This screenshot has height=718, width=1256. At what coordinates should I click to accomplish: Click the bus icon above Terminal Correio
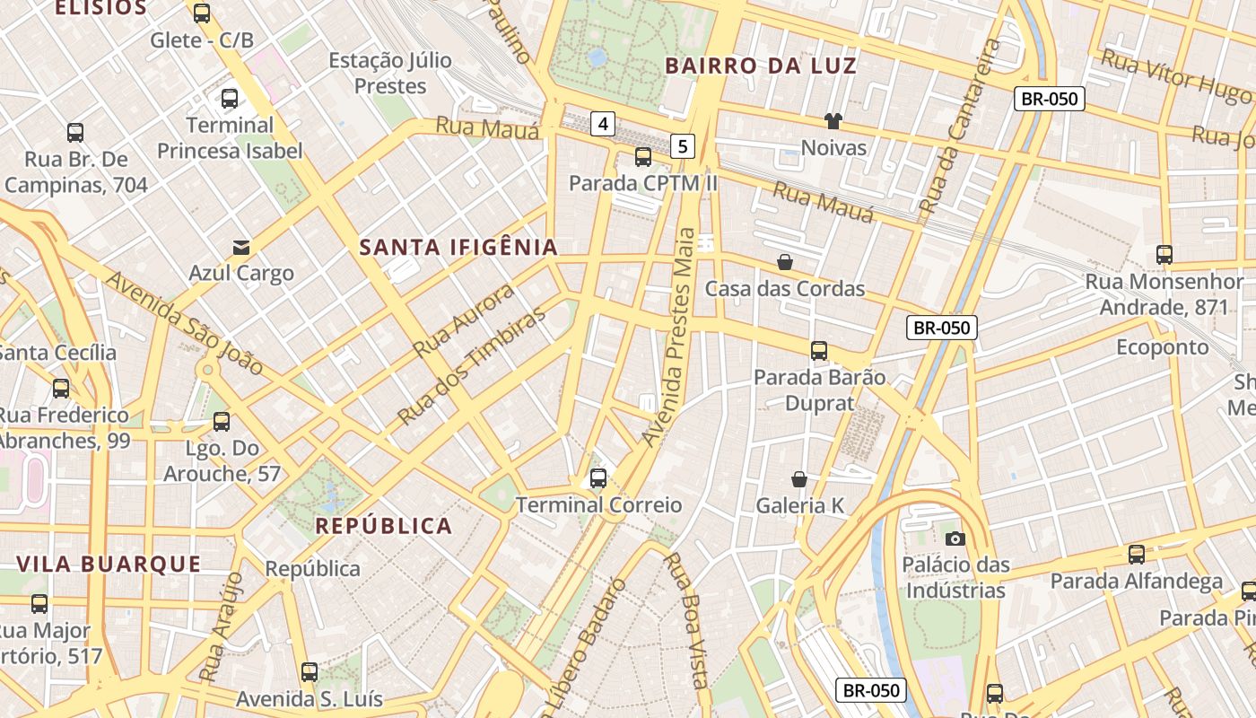point(598,478)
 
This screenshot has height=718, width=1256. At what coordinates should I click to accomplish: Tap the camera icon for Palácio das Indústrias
point(955,538)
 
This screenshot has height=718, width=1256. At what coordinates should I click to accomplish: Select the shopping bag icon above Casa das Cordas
point(785,262)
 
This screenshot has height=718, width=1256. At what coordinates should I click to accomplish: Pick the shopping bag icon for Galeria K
point(799,479)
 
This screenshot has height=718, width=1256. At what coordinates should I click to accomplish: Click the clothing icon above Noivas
point(833,121)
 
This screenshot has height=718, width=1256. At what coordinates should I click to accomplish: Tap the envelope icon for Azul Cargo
point(241,247)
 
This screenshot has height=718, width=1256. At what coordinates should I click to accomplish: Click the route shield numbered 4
point(603,124)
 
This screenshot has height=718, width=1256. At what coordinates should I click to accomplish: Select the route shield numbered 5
point(684,145)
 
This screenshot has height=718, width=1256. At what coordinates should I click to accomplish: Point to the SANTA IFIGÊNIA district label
point(458,248)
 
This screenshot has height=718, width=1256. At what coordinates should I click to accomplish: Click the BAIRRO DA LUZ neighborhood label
point(761,66)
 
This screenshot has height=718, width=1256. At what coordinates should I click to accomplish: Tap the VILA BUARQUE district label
point(109,565)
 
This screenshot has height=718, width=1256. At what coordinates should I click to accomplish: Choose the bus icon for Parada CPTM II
point(643,157)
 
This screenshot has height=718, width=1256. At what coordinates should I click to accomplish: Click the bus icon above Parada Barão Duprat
point(819,351)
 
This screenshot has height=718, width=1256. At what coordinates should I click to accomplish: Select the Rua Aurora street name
point(465,320)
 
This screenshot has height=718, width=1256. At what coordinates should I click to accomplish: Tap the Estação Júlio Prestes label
point(390,74)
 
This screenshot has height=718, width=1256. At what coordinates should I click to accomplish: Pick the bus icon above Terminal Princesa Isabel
point(230,99)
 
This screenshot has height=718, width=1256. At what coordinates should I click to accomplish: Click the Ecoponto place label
point(1163,347)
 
